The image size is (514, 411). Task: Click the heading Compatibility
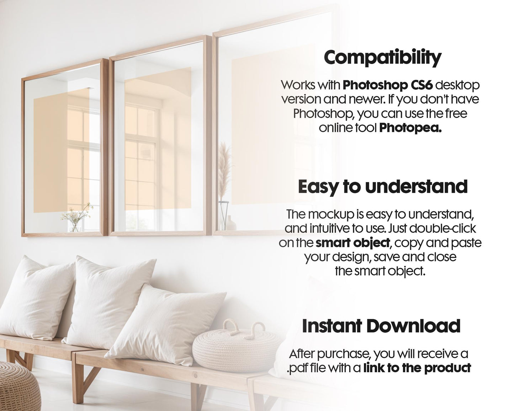coord(382,58)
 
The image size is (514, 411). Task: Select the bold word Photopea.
coord(410,128)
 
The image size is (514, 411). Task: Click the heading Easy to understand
coord(382,187)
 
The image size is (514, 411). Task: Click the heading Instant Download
coord(381,326)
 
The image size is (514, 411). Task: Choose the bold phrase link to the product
coord(417,368)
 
